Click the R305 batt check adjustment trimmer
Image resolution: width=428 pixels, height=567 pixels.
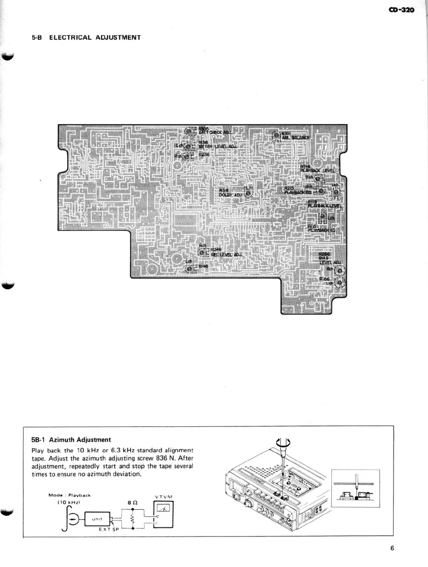tap(189, 131)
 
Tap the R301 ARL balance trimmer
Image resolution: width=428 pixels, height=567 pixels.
tap(277, 135)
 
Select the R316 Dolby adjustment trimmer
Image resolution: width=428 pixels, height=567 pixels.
tap(248, 193)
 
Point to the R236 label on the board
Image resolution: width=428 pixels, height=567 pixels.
tap(204, 154)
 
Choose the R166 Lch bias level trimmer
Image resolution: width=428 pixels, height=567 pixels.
tap(340, 282)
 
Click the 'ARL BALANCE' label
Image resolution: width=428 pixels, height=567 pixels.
tap(296, 138)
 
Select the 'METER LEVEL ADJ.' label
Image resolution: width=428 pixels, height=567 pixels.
tap(217, 146)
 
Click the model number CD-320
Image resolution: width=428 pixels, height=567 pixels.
tap(401, 10)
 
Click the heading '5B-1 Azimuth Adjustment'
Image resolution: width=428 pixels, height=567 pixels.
tap(71, 440)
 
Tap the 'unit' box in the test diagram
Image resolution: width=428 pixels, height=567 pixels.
tap(97, 519)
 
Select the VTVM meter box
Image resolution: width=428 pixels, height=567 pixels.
tap(163, 514)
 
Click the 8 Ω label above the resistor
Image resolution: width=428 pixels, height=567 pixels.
tap(132, 503)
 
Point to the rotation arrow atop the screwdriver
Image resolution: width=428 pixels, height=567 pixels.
tap(283, 442)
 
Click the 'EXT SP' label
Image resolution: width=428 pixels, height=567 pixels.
tap(109, 530)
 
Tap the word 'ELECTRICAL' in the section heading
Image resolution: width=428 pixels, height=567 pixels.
tap(70, 37)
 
